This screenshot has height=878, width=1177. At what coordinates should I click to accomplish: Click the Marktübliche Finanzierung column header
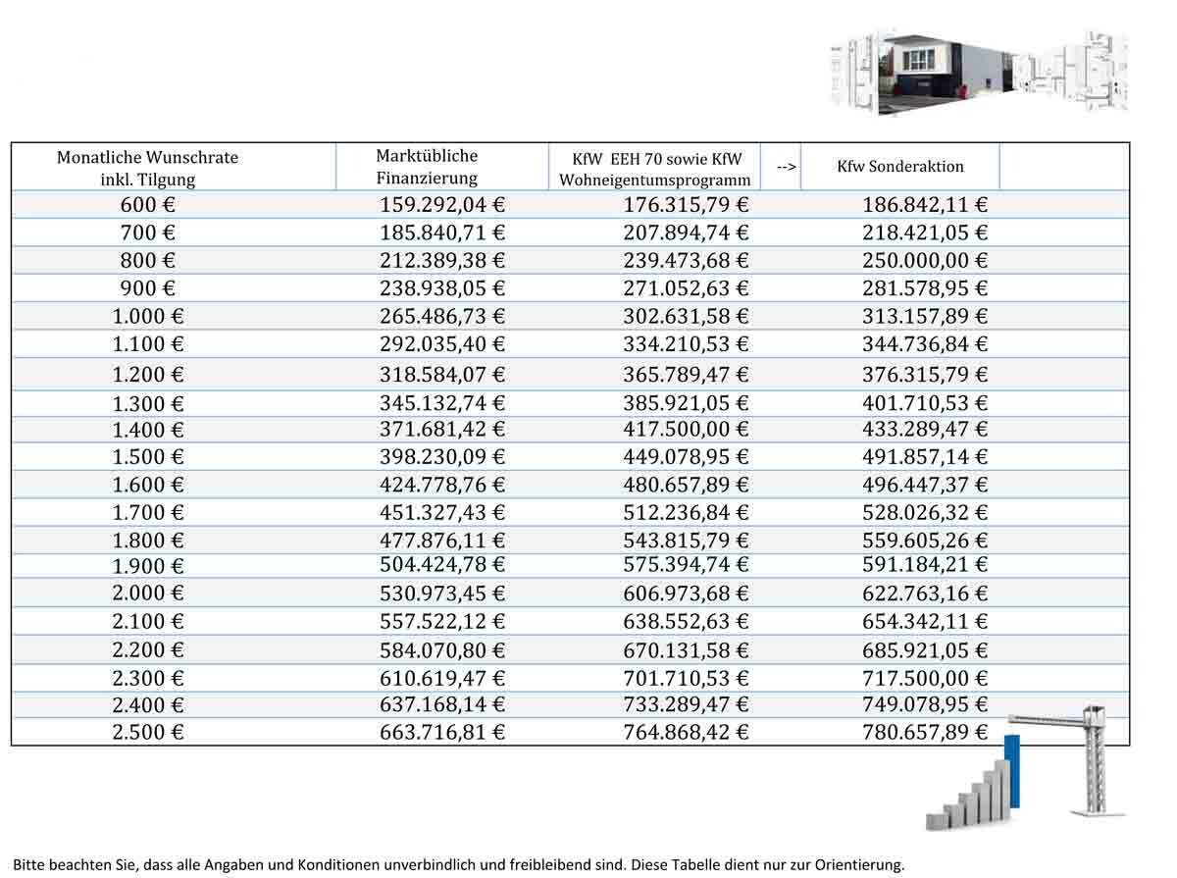(x=427, y=167)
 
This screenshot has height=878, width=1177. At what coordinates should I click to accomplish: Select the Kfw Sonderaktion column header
(x=899, y=167)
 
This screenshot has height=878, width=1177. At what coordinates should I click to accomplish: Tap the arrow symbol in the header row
(x=786, y=167)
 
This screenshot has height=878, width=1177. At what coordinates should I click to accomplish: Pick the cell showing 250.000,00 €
(x=925, y=261)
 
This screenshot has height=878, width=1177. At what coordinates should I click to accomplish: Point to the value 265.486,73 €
(x=442, y=316)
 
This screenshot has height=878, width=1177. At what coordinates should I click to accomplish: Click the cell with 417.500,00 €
(x=686, y=430)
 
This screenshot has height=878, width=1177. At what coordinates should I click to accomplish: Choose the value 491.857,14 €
(x=925, y=457)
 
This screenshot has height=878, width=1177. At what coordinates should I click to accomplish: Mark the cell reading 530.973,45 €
(x=442, y=594)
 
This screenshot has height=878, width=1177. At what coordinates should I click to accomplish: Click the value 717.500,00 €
(x=925, y=678)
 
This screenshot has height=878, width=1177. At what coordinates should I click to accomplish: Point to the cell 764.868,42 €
(x=686, y=733)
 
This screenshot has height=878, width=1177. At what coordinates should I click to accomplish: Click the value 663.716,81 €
(x=442, y=733)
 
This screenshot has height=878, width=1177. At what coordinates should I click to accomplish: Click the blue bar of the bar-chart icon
(x=1013, y=771)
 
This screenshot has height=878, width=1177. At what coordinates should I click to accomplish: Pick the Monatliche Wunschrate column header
(x=148, y=168)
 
